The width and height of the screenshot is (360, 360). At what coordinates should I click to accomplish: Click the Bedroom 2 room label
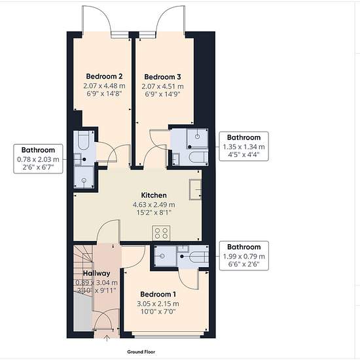(x=104, y=76)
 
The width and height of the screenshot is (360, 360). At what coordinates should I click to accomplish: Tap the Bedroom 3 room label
(x=162, y=77)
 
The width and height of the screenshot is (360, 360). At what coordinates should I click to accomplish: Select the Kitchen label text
(x=154, y=196)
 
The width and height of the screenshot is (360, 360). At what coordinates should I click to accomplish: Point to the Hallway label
(x=97, y=273)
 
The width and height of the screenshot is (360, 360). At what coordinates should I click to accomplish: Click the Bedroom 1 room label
(x=158, y=295)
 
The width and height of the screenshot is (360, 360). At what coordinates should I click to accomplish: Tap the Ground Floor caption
(x=141, y=351)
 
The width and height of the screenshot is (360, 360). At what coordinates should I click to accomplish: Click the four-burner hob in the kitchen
(x=161, y=233)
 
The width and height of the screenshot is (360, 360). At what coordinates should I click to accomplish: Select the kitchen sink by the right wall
(x=196, y=189)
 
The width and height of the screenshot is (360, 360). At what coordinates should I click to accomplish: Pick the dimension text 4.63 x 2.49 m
(x=154, y=205)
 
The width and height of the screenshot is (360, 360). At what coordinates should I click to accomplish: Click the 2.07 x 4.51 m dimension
(x=162, y=86)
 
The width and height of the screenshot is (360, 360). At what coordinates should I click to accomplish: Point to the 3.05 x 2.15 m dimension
(x=158, y=304)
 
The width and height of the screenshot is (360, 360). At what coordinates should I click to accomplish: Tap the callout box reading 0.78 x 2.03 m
(x=38, y=158)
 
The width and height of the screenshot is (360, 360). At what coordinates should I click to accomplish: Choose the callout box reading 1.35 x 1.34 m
(x=244, y=146)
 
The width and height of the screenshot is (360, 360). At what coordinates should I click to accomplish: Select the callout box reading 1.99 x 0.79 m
(x=244, y=256)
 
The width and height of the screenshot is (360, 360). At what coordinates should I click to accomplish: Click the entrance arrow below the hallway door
(x=107, y=338)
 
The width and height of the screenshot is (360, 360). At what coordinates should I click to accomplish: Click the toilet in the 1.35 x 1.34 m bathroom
(x=199, y=157)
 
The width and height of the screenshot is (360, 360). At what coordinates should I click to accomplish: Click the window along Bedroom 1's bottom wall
(x=168, y=336)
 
